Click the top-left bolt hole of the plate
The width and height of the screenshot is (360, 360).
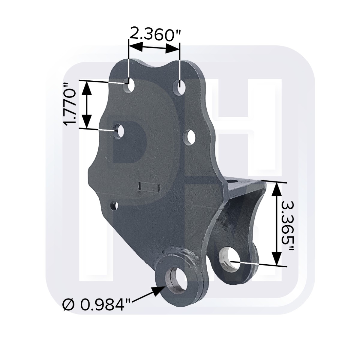130,86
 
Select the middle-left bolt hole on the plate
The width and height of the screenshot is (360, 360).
120,131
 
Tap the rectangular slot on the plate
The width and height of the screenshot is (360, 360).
150,187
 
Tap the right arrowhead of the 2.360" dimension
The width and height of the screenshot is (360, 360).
174,49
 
